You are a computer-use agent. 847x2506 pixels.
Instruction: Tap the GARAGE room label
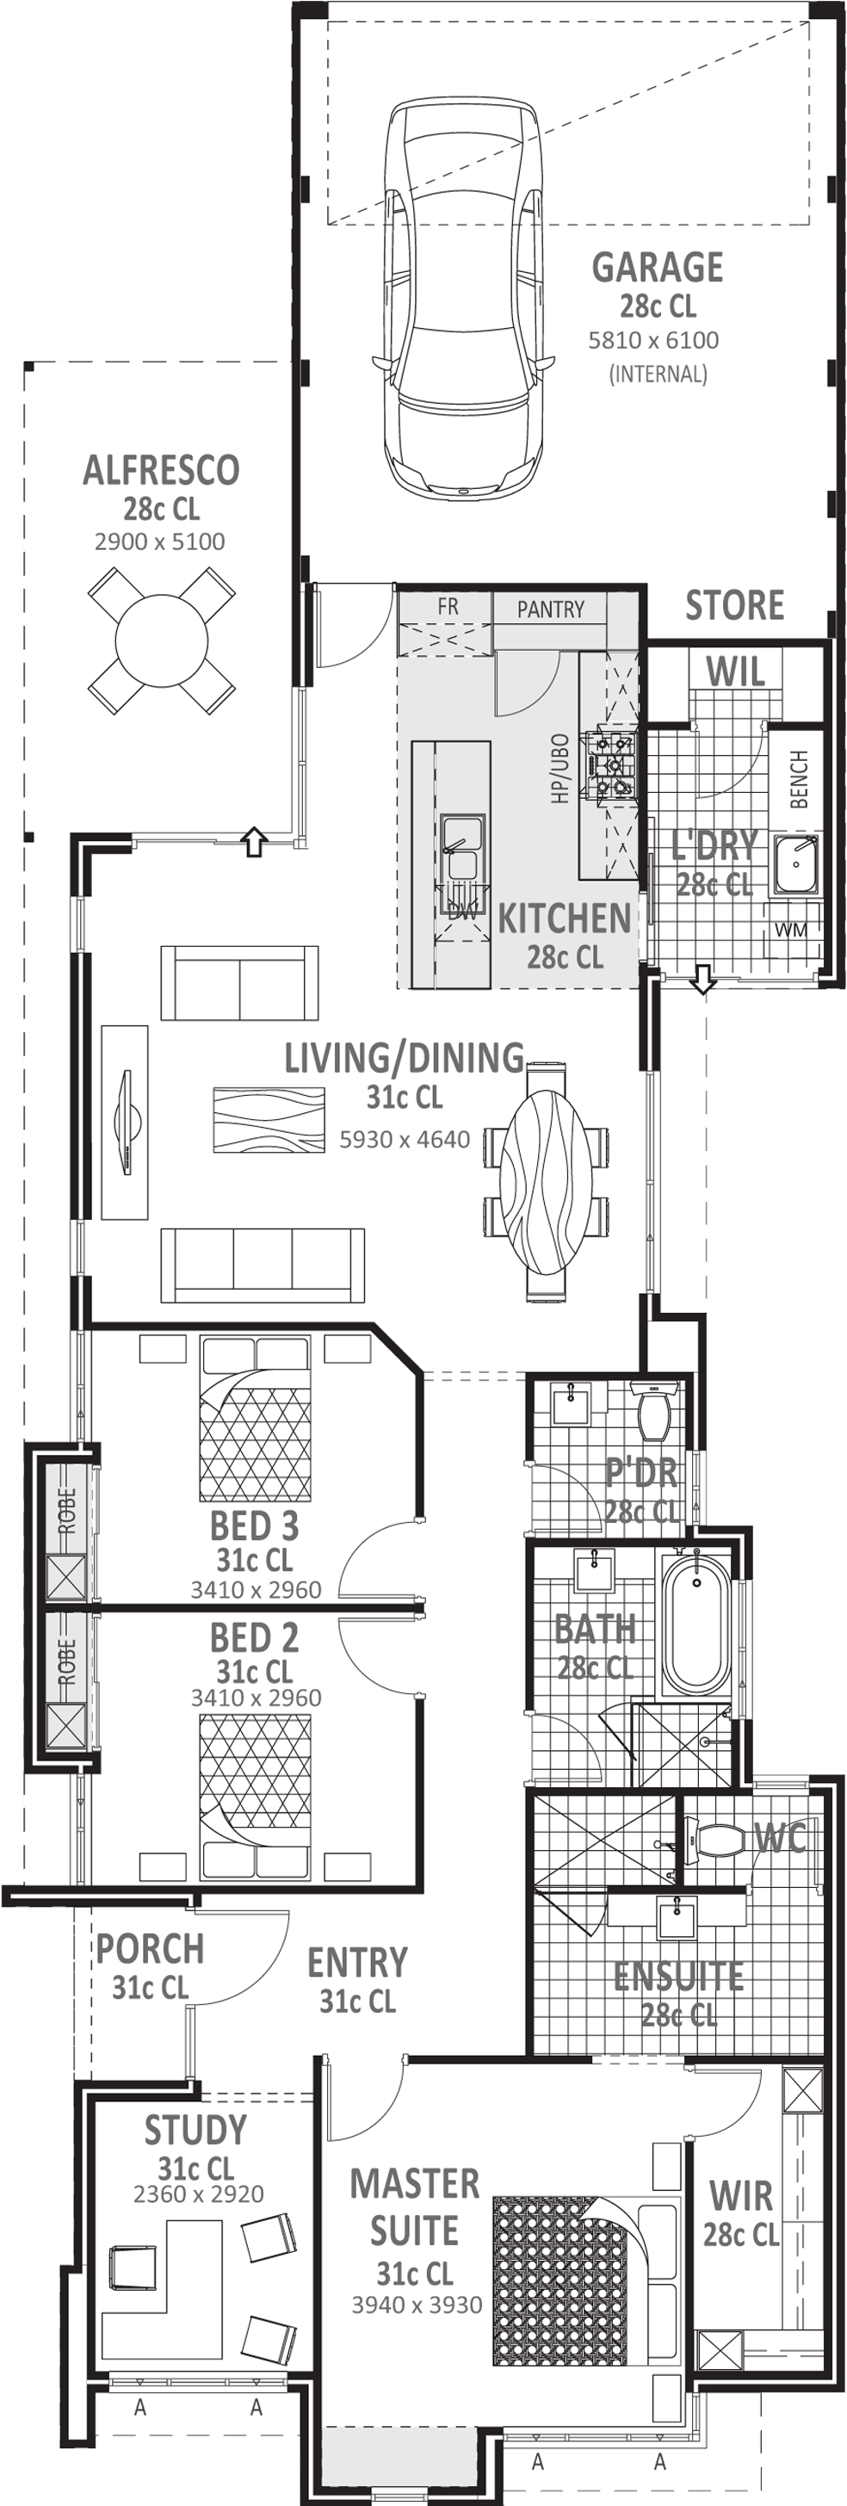[x=658, y=268]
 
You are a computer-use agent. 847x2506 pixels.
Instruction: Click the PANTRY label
[x=550, y=609]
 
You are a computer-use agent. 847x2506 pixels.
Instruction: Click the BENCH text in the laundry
[x=800, y=779]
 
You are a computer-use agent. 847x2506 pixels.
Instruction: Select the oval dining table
[x=546, y=1181]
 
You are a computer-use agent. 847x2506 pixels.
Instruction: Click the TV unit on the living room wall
[x=127, y=1122]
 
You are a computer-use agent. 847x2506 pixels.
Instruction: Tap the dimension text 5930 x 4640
[x=405, y=1139]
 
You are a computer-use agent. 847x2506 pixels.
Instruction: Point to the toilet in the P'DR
[x=652, y=1409]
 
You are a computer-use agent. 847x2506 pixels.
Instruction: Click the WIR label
[x=741, y=2196]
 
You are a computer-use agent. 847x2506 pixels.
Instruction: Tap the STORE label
[x=735, y=605]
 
